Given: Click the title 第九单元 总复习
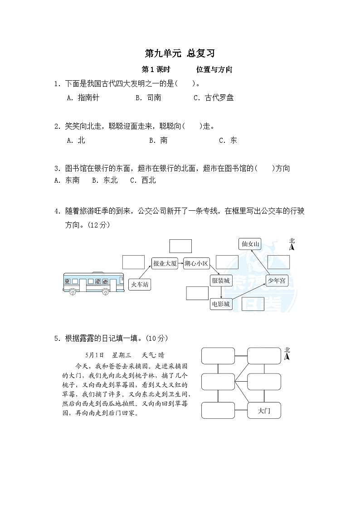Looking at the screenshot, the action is pyautogui.click(x=179, y=53).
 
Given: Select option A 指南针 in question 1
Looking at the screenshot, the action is pyautogui.click(x=83, y=97).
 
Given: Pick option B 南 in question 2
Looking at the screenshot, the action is pyautogui.click(x=158, y=141).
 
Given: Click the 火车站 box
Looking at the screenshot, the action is pyautogui.click(x=140, y=284).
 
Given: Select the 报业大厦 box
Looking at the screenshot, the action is pyautogui.click(x=164, y=263).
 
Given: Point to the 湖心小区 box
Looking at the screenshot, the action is pyautogui.click(x=196, y=263).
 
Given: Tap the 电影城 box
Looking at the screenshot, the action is pyautogui.click(x=221, y=304).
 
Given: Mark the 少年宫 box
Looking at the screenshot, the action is pyautogui.click(x=276, y=281).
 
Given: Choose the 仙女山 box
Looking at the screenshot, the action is pyautogui.click(x=250, y=244).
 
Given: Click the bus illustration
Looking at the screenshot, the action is pyautogui.click(x=93, y=283).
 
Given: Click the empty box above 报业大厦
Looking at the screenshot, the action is pyautogui.click(x=180, y=246).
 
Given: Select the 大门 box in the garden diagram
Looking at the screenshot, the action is pyautogui.click(x=264, y=411).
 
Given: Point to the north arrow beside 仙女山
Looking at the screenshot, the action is pyautogui.click(x=292, y=245).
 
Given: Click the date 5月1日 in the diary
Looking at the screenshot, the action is pyautogui.click(x=94, y=355).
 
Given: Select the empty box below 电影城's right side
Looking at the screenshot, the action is pyautogui.click(x=253, y=304).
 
